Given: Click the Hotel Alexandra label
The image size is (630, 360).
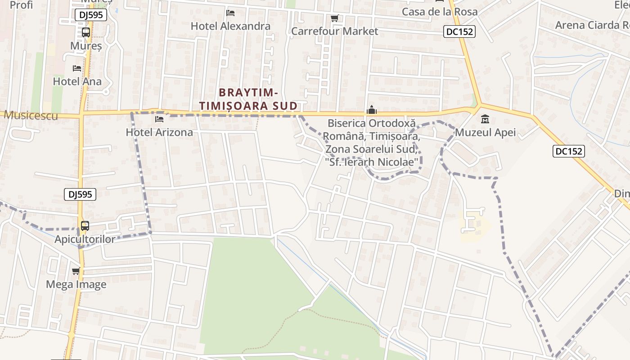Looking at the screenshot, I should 230,26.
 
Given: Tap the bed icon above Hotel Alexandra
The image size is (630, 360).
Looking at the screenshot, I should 230,13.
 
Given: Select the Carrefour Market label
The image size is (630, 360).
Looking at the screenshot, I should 334,31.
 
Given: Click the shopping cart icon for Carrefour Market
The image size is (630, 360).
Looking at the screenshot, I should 334,18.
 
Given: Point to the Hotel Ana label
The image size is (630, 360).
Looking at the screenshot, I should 77,81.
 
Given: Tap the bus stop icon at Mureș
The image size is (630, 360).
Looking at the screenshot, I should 85,32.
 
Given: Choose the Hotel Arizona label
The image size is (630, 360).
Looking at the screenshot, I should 159,132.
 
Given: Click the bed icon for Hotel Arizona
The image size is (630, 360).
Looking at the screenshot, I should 159,119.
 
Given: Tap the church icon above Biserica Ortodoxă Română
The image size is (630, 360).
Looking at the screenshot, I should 372,110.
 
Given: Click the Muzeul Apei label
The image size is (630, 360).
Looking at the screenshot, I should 485,133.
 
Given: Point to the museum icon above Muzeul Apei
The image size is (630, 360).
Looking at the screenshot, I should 485,120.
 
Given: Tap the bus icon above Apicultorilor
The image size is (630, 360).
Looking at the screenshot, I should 85,226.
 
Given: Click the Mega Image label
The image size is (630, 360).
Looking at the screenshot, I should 76,284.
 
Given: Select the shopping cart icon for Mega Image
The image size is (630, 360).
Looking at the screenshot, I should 76,271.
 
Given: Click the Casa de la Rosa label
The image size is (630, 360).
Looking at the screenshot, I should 439,12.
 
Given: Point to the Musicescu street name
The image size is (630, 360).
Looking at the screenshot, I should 31,116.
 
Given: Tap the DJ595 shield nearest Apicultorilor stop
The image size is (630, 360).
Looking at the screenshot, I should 80,194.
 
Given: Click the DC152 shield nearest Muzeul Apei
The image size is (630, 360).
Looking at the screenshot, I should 568,152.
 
